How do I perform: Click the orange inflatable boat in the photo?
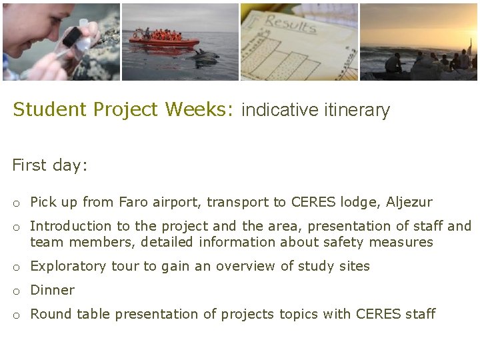(x=164, y=40)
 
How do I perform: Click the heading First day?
(x=50, y=165)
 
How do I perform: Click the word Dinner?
(x=53, y=290)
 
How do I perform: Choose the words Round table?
(x=70, y=314)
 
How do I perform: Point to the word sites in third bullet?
(x=354, y=266)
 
